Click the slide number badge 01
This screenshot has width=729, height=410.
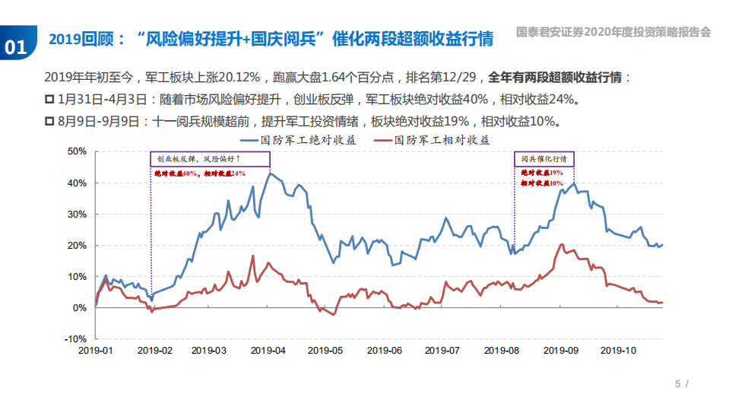[15, 46]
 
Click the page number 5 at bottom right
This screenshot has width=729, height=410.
[678, 383]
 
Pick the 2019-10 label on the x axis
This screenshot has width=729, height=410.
[618, 351]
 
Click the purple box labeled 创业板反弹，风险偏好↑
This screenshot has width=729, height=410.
[209, 159]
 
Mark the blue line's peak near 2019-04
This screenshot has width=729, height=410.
[269, 173]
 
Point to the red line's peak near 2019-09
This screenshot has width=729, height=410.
[562, 245]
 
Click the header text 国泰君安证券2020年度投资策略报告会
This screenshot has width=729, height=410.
[613, 33]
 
